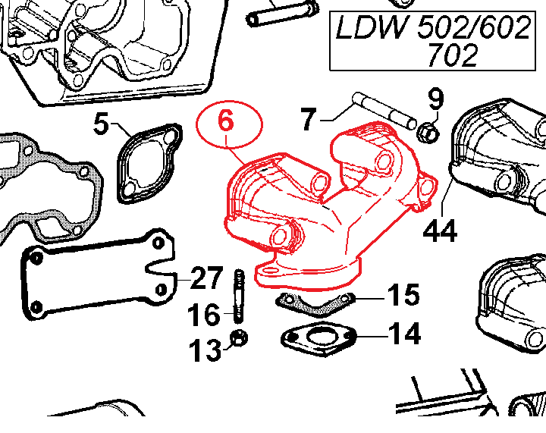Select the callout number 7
click(x=307, y=119)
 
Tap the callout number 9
click(x=435, y=99)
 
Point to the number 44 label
click(x=441, y=230)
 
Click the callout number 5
click(x=103, y=124)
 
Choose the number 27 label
click(x=206, y=280)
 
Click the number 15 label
click(x=403, y=296)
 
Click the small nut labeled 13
click(x=237, y=338)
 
